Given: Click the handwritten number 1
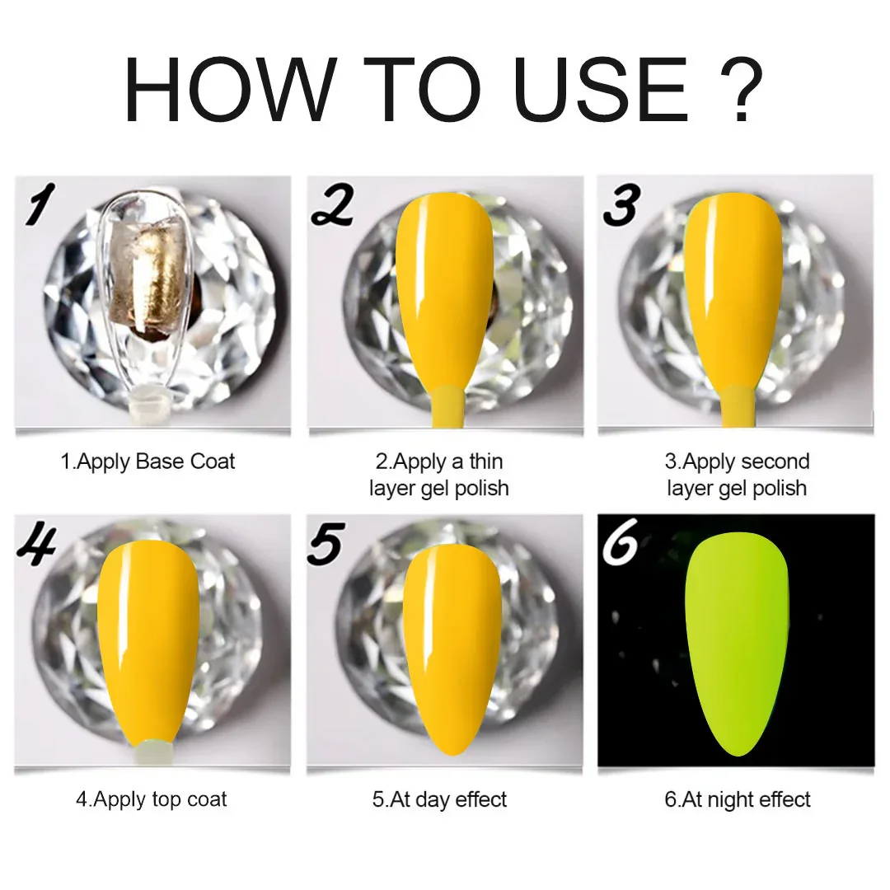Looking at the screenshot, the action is [x=40, y=204].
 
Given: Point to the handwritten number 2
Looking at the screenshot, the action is [x=333, y=205].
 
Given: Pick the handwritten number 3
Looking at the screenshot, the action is [x=622, y=205].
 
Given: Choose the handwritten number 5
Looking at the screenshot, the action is [x=326, y=544].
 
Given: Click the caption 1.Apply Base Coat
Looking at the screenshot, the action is [x=148, y=461].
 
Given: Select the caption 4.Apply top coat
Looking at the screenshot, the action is [x=152, y=799].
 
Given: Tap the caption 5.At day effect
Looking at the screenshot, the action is [x=439, y=799].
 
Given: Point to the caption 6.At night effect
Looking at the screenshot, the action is [x=738, y=799].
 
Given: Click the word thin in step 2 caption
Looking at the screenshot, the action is [x=486, y=461].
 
